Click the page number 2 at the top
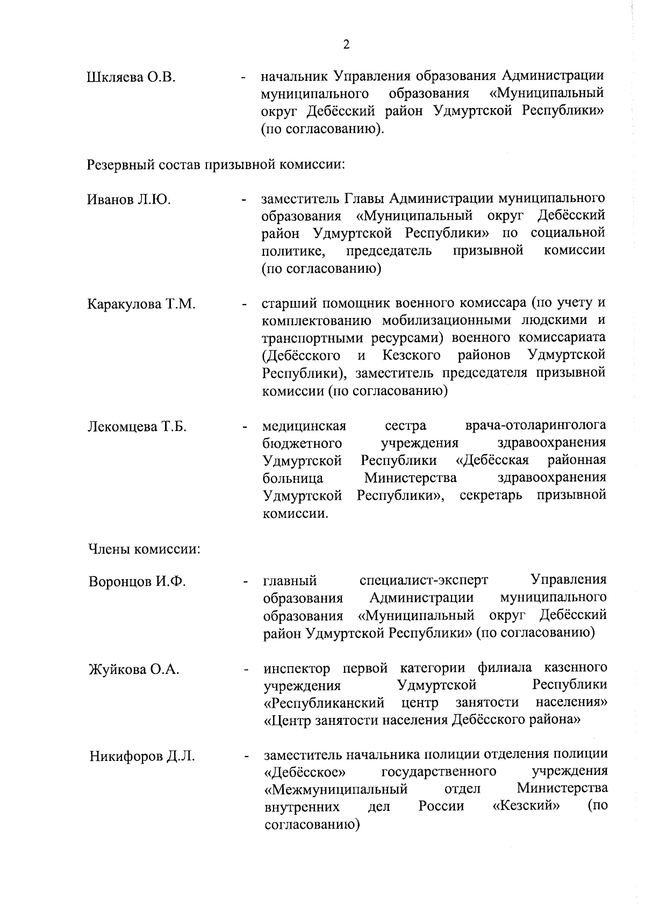346,45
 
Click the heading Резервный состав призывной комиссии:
216,163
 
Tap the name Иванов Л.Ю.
129,200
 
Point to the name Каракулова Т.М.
141,304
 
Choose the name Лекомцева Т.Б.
137,427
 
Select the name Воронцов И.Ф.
137,582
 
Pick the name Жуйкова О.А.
134,670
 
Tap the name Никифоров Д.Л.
142,757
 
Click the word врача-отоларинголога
535,426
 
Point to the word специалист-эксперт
424,580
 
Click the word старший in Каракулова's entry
289,303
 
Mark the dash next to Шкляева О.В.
245,79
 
